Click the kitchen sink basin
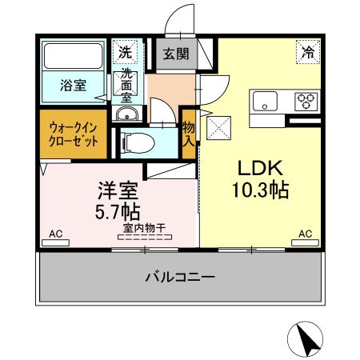point(265,102)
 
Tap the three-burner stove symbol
point(306,101)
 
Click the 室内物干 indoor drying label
point(144,230)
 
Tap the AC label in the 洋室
point(55,234)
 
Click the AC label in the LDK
point(305,234)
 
